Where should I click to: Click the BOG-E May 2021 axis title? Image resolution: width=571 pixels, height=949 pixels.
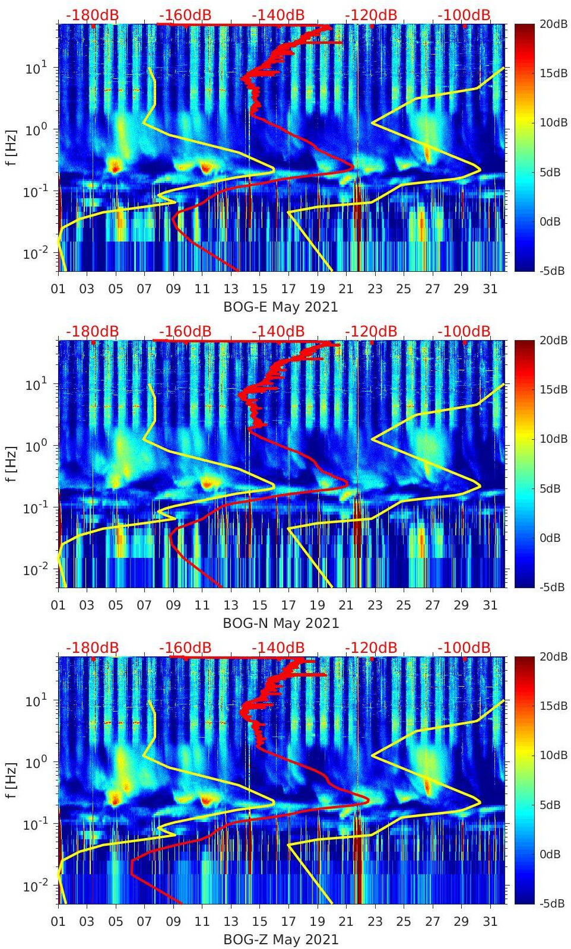(280, 307)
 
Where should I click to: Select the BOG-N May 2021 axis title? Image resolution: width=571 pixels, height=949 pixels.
(280, 624)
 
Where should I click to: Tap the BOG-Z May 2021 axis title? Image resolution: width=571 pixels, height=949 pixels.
(280, 940)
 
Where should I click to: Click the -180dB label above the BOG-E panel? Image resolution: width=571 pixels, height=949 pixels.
(92, 15)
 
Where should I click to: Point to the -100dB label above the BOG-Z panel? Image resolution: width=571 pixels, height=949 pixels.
(464, 648)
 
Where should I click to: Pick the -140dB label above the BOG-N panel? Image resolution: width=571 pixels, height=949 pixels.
(278, 331)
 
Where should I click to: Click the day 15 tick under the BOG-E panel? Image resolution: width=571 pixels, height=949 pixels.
(259, 289)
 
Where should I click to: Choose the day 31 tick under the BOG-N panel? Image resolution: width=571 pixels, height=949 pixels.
(490, 605)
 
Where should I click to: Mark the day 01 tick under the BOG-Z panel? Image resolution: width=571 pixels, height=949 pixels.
(58, 922)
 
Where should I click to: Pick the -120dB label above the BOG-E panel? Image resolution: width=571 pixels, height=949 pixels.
(371, 15)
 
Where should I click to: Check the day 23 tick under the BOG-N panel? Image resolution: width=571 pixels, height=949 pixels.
(375, 605)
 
